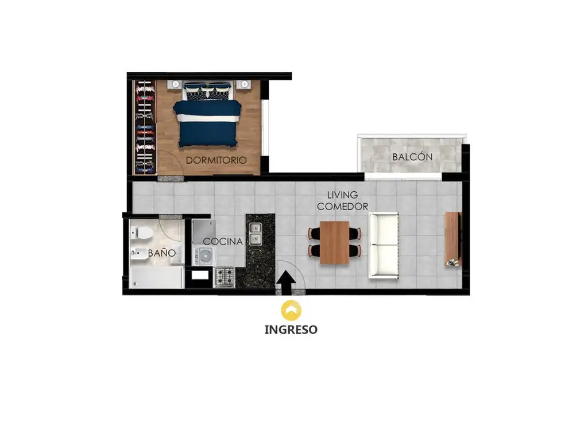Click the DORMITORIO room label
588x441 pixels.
point(216,160)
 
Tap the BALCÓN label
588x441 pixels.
point(412,157)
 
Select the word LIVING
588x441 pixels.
point(342,195)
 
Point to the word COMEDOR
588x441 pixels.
point(342,206)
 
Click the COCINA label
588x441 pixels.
point(223,242)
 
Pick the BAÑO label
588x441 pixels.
point(161,253)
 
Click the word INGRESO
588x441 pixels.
point(291,330)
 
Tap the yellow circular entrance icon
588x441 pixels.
point(291,310)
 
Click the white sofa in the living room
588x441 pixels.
point(383,245)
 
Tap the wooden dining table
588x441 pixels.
point(335,243)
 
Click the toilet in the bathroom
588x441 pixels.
point(141,233)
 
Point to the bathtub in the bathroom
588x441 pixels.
point(157,277)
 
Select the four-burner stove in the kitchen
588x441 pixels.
point(225,277)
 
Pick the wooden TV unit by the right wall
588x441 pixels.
point(453,239)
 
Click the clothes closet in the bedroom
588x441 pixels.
point(145,127)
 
